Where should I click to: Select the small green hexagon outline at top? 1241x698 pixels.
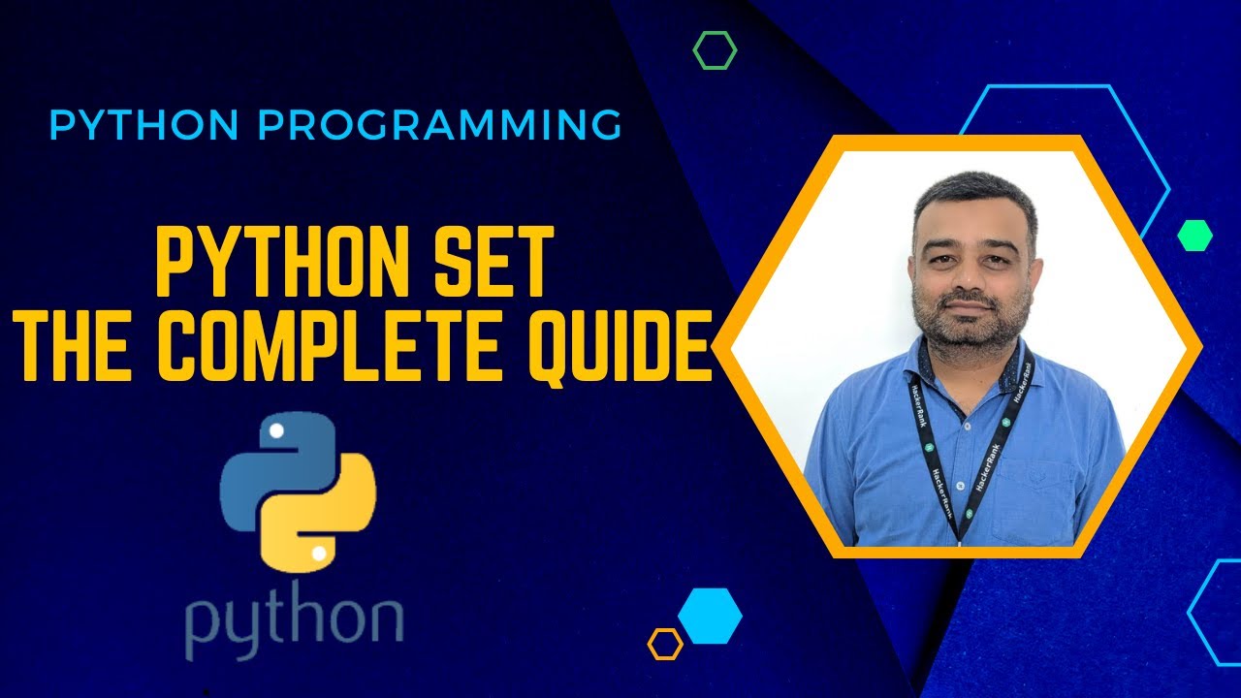[715, 50]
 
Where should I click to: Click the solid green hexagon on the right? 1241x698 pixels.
[1194, 236]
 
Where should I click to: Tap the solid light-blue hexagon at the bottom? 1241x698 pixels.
[710, 616]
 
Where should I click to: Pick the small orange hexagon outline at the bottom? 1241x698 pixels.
[665, 644]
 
